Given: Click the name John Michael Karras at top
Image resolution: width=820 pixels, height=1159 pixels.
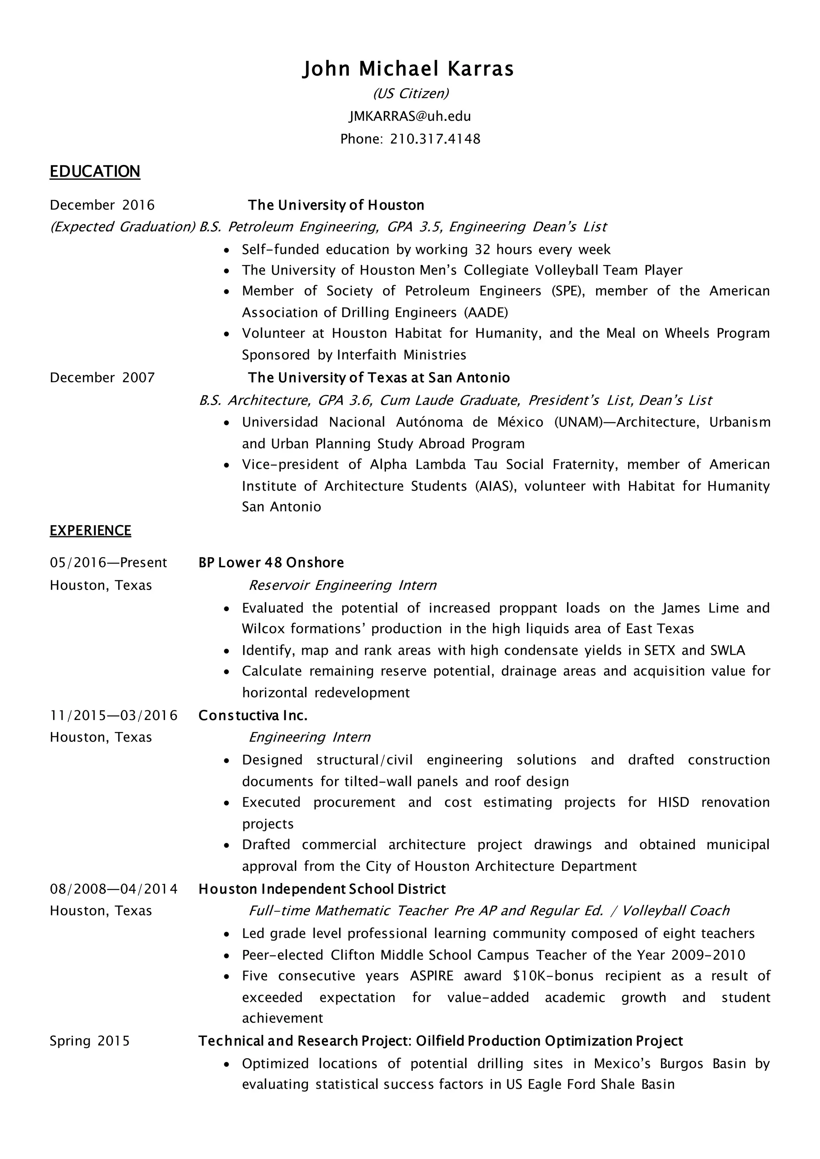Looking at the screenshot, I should pos(408,69).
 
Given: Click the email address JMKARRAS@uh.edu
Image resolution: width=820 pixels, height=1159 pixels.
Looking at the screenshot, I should pos(410,116).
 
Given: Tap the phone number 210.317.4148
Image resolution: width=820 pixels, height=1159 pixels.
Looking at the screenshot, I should pos(435,139).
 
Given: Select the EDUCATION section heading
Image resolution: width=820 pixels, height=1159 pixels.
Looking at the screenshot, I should pos(95,172).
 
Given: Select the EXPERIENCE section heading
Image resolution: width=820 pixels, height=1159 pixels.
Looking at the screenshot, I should pos(90,531).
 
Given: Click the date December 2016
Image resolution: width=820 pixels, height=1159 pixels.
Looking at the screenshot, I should pos(102,205).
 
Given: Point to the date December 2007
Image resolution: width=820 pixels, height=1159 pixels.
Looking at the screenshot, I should pos(102,377).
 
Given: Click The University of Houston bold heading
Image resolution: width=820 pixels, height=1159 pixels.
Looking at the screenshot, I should pos(336,205).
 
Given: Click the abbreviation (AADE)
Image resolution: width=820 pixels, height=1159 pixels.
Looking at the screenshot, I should pos(486,313).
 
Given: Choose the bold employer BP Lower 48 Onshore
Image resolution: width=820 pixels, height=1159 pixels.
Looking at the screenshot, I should pos(271,562).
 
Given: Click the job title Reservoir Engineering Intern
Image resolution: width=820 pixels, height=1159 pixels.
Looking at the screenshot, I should pos(342,585).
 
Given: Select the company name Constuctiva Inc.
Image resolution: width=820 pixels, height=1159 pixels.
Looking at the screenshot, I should pos(253,715).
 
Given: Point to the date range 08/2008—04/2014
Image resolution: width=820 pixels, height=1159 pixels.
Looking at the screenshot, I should pos(114,889).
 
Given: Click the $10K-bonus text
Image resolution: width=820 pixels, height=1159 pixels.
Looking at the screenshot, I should pos(553,976).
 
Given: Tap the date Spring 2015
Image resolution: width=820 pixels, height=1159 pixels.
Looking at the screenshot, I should pos(89,1041).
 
